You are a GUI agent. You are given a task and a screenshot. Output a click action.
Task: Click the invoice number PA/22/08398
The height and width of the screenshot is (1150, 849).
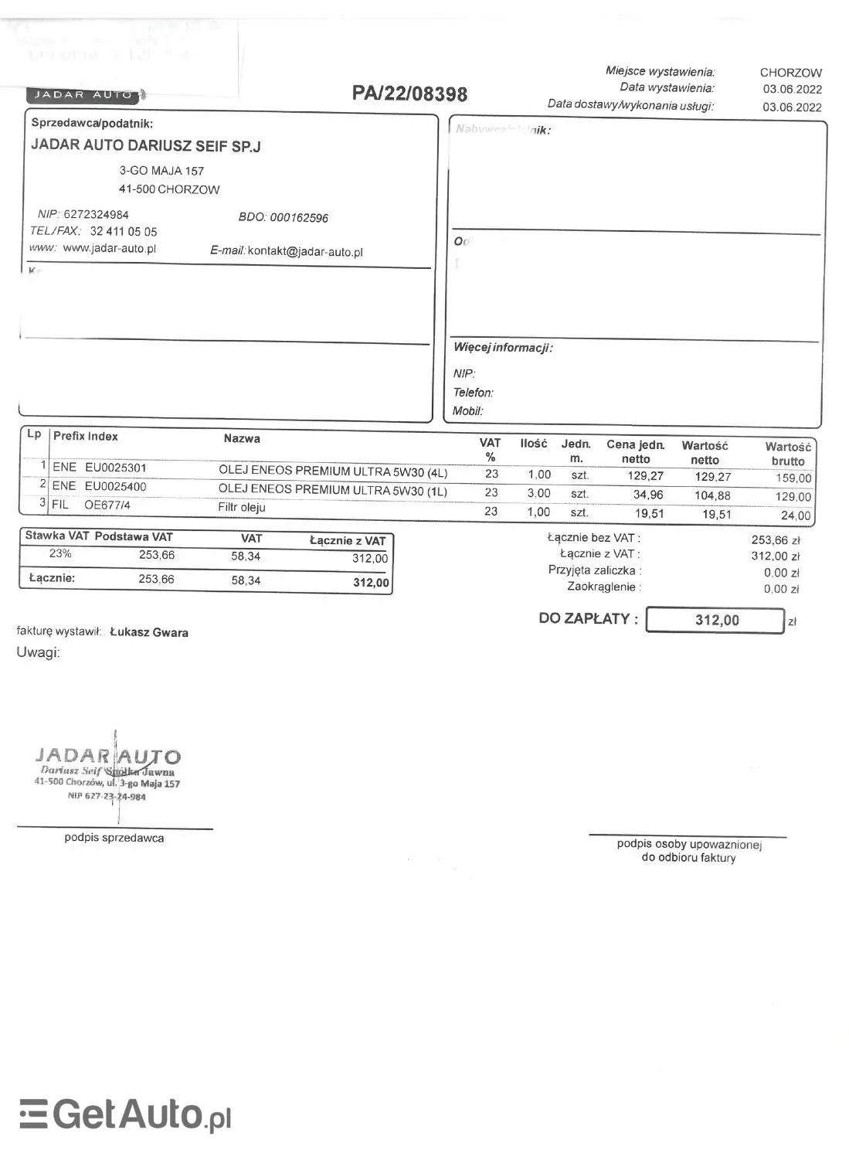click(409, 94)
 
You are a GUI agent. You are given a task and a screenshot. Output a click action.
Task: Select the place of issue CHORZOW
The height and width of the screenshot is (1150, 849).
click(790, 73)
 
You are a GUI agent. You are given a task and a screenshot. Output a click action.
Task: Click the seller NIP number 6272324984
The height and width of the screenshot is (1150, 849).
click(96, 214)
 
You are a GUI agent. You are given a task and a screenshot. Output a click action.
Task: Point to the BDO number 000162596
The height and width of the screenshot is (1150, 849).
click(298, 218)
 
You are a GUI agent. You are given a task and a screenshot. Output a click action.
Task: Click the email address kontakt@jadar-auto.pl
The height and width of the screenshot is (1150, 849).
click(305, 252)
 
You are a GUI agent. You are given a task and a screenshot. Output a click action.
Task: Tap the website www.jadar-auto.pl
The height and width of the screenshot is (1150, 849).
click(109, 248)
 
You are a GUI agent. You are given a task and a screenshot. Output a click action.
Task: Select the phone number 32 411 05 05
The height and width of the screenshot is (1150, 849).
click(123, 231)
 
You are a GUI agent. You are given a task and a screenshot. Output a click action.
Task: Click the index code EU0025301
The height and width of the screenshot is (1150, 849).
click(115, 468)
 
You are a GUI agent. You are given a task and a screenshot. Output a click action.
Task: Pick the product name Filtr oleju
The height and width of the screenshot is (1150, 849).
click(242, 508)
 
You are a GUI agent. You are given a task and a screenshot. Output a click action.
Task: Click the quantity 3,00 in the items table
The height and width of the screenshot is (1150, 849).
click(538, 493)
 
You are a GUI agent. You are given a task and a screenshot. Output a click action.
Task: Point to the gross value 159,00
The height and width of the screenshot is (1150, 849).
click(793, 478)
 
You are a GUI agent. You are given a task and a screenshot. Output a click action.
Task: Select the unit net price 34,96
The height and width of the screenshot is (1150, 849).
click(647, 495)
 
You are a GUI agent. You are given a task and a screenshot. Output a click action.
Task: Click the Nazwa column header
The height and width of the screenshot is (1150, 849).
click(242, 439)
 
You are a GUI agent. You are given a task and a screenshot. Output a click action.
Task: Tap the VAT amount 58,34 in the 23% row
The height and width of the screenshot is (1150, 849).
click(246, 556)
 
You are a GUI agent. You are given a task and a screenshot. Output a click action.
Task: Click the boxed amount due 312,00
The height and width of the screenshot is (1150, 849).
click(715, 620)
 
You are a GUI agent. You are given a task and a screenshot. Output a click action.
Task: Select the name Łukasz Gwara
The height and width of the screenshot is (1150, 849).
click(149, 632)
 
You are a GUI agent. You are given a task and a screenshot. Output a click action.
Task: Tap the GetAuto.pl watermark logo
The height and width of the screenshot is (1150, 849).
click(125, 1114)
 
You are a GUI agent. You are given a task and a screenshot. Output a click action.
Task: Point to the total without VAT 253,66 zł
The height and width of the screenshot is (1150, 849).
click(775, 540)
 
